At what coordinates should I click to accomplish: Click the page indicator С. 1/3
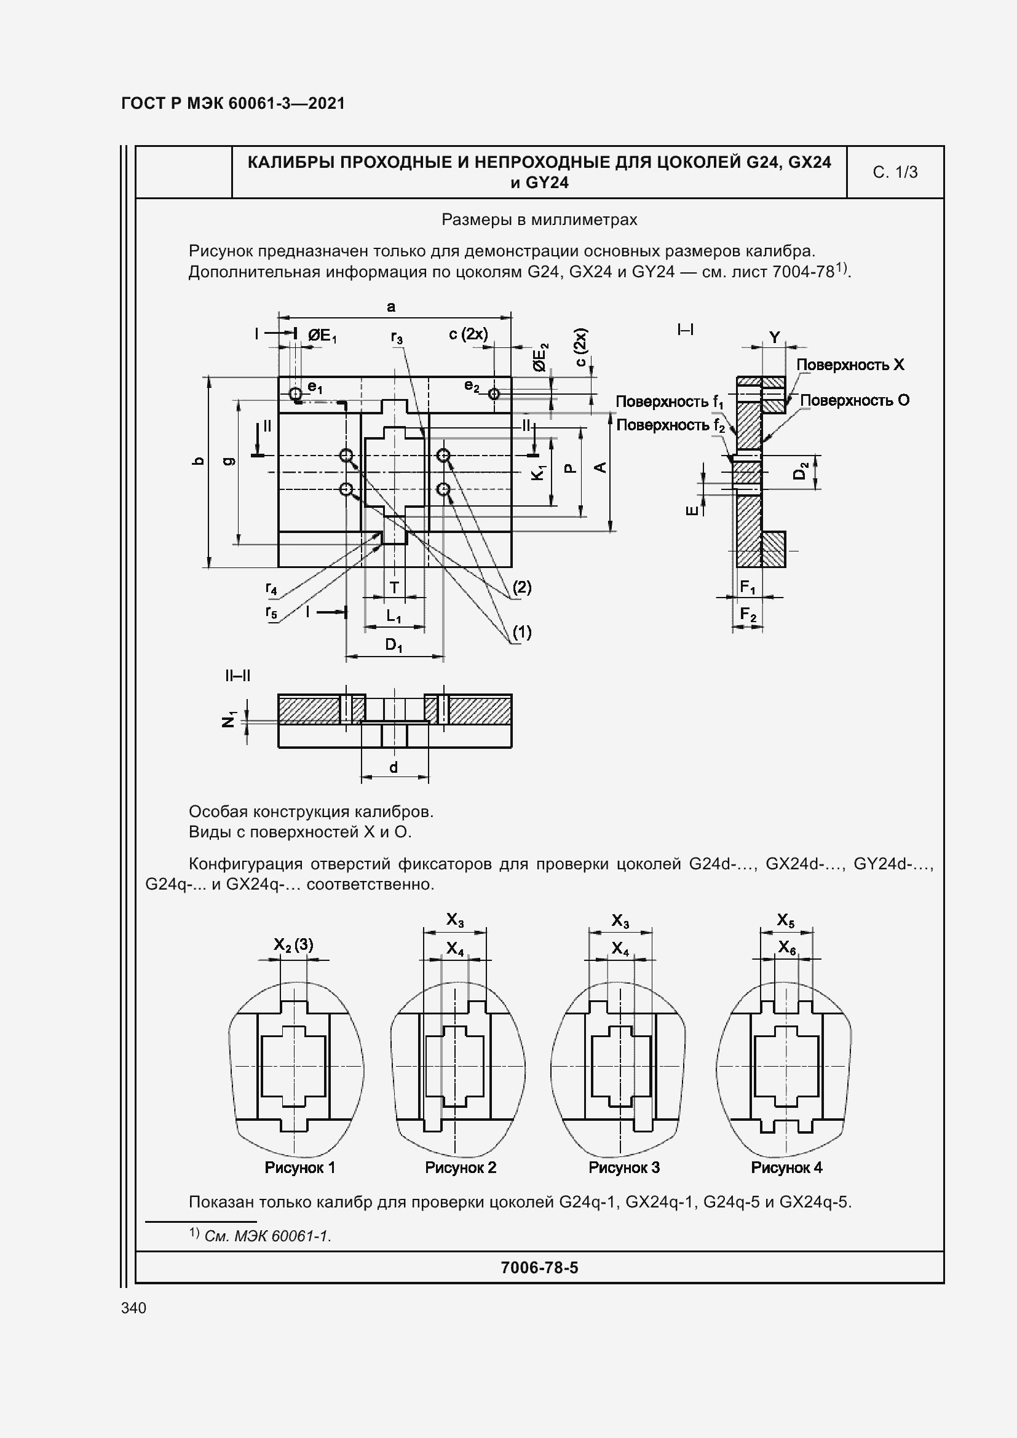coord(895,172)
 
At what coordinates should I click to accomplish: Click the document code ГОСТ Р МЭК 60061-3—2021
coord(233,103)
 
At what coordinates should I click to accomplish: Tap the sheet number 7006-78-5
coord(539,1268)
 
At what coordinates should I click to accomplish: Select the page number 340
coord(133,1308)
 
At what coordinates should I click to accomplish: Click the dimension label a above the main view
coord(392,307)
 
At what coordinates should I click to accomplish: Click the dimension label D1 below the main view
coord(394,644)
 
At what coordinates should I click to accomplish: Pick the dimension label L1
coord(394,615)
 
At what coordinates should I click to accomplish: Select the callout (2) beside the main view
coord(521,587)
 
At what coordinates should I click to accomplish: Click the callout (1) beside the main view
coord(521,632)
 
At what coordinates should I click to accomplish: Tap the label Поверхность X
coord(850,365)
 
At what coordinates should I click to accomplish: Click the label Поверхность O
coord(854,400)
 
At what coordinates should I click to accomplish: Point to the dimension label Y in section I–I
coord(775,338)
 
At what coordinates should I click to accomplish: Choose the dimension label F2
coord(748,614)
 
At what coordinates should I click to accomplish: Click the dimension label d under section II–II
coord(394,767)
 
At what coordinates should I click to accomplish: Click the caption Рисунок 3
coord(623,1167)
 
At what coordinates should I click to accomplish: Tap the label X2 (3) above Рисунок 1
coord(293,944)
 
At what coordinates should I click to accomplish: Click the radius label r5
coord(271,612)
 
